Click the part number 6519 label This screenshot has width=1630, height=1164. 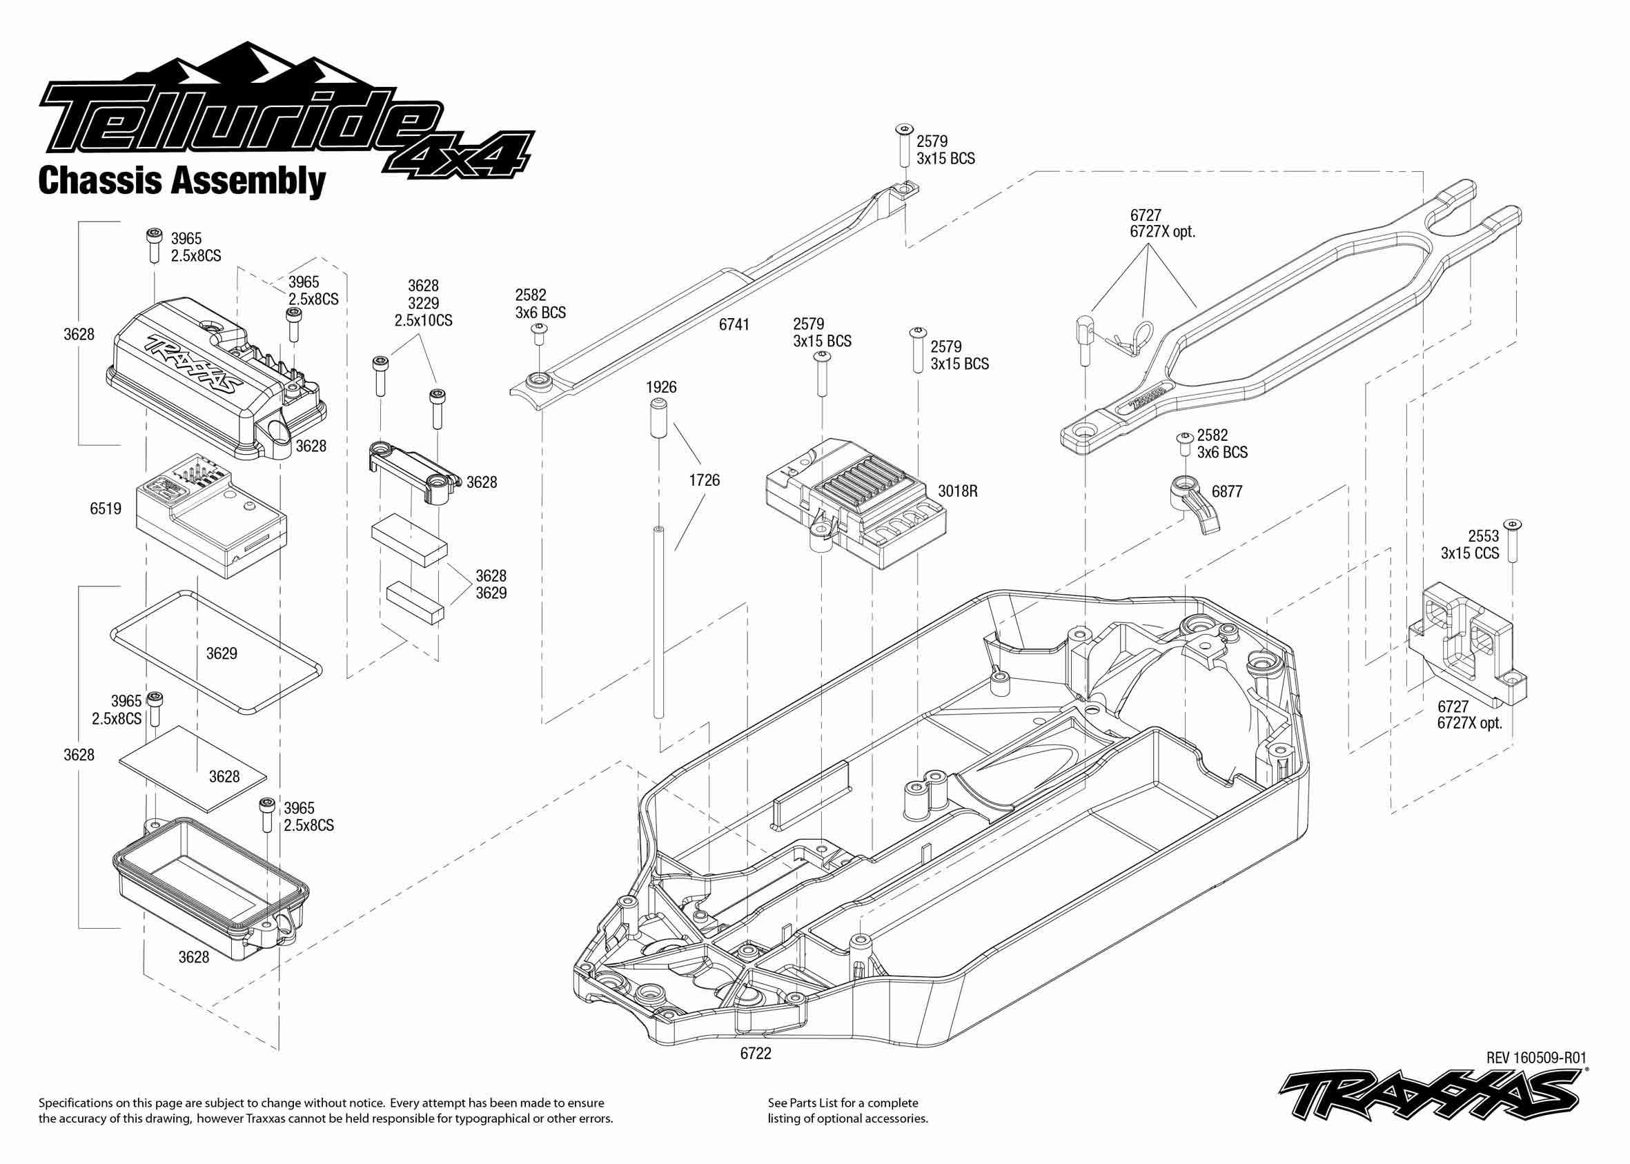point(106,509)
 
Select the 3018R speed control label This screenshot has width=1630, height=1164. point(958,492)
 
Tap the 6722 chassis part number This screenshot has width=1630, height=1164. point(756,1054)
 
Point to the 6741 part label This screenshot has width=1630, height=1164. point(734,325)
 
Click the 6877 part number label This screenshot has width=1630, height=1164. point(1226,492)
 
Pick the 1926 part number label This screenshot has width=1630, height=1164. point(661,388)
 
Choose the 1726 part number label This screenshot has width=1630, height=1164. point(704,480)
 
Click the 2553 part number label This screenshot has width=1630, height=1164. point(1483,536)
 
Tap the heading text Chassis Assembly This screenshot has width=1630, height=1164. point(182,181)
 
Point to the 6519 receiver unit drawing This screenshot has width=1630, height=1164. point(211,513)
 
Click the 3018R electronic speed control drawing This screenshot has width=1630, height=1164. point(856,502)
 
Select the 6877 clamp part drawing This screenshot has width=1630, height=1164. point(1193,502)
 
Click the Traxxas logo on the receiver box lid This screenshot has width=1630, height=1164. point(194,365)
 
